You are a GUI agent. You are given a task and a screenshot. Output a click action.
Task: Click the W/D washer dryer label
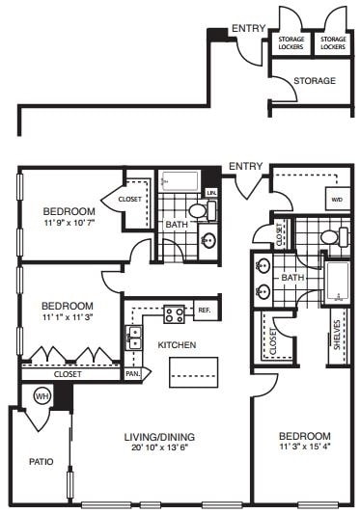point(336,200)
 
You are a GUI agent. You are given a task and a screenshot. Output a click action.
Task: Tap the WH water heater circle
point(42,395)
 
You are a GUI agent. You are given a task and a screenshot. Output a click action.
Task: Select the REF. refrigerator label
point(204,311)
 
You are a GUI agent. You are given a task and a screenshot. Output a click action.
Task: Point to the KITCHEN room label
point(178,345)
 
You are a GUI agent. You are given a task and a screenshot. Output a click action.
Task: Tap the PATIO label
point(28,462)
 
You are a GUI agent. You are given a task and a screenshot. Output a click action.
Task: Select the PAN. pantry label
point(134,373)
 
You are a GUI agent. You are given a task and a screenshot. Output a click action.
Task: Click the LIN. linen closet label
point(211,192)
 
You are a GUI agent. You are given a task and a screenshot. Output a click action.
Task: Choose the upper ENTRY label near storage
point(248,28)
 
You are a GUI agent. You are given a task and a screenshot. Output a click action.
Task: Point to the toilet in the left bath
point(198,209)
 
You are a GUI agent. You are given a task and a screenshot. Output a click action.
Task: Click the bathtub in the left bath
point(180,181)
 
